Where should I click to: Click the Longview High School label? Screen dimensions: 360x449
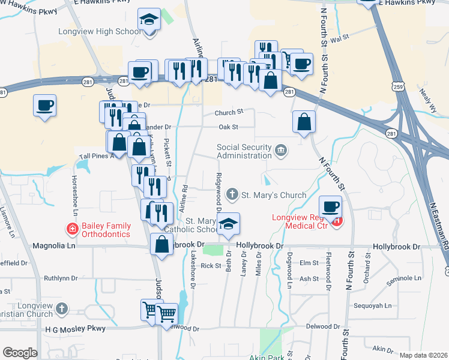(x=99, y=32)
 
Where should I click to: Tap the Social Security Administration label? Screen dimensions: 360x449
(x=244, y=152)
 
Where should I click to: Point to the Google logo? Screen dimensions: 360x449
(x=20, y=353)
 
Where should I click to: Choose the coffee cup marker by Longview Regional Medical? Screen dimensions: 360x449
(x=330, y=208)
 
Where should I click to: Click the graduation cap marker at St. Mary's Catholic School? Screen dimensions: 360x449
(x=228, y=224)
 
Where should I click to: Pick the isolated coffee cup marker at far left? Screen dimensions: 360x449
(x=45, y=106)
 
